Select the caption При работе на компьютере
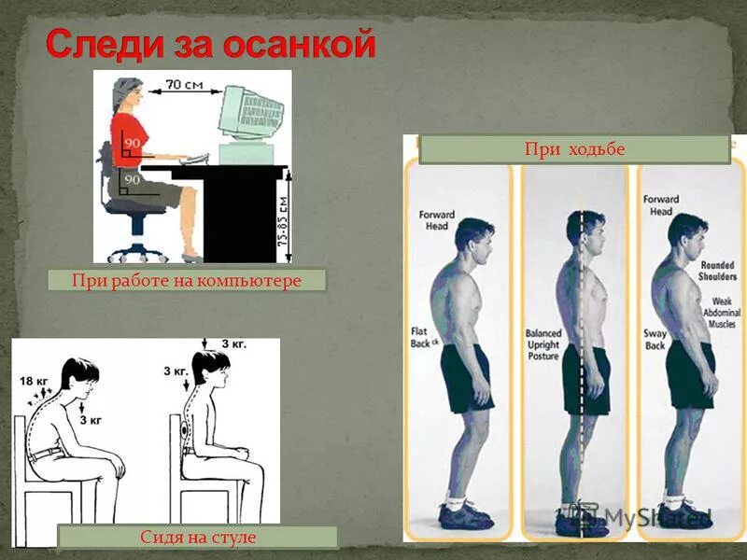pos(187,280)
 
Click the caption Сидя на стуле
pos(197,537)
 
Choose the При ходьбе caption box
pos(574,149)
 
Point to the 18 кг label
pos(33,381)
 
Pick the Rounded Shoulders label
pos(717,270)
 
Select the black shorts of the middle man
pos(585,378)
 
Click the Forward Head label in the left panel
pos(435,220)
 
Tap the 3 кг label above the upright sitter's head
pos(233,344)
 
